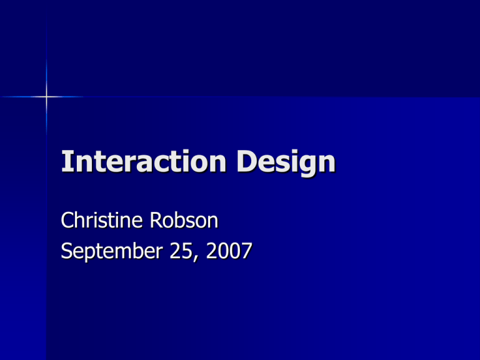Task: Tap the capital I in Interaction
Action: pyautogui.click(x=66, y=164)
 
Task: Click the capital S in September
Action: pyautogui.click(x=67, y=252)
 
